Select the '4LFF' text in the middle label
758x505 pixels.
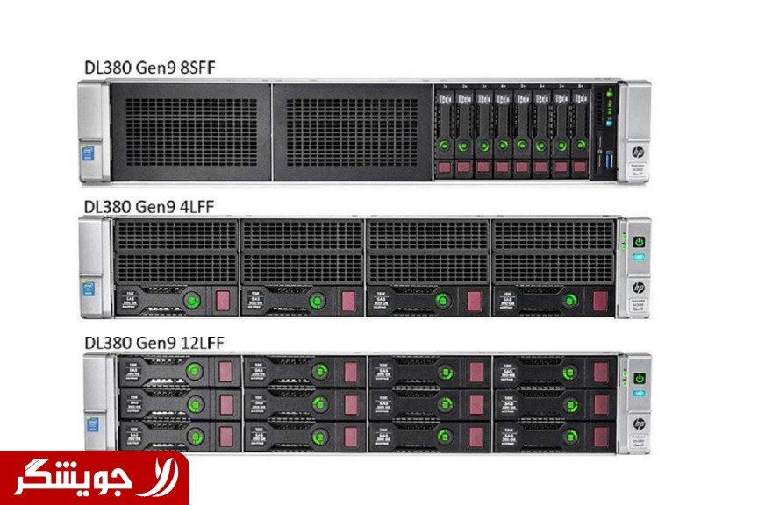coord(194,206)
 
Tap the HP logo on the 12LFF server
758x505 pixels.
coord(638,425)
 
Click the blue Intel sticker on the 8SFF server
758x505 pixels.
coord(91,154)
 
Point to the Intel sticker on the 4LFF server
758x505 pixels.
coord(91,289)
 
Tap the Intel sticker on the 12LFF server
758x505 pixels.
coord(91,423)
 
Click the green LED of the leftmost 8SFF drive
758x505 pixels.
coord(445,145)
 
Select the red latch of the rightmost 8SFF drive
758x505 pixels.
coord(579,166)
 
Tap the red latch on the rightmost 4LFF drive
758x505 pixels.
coord(600,301)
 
